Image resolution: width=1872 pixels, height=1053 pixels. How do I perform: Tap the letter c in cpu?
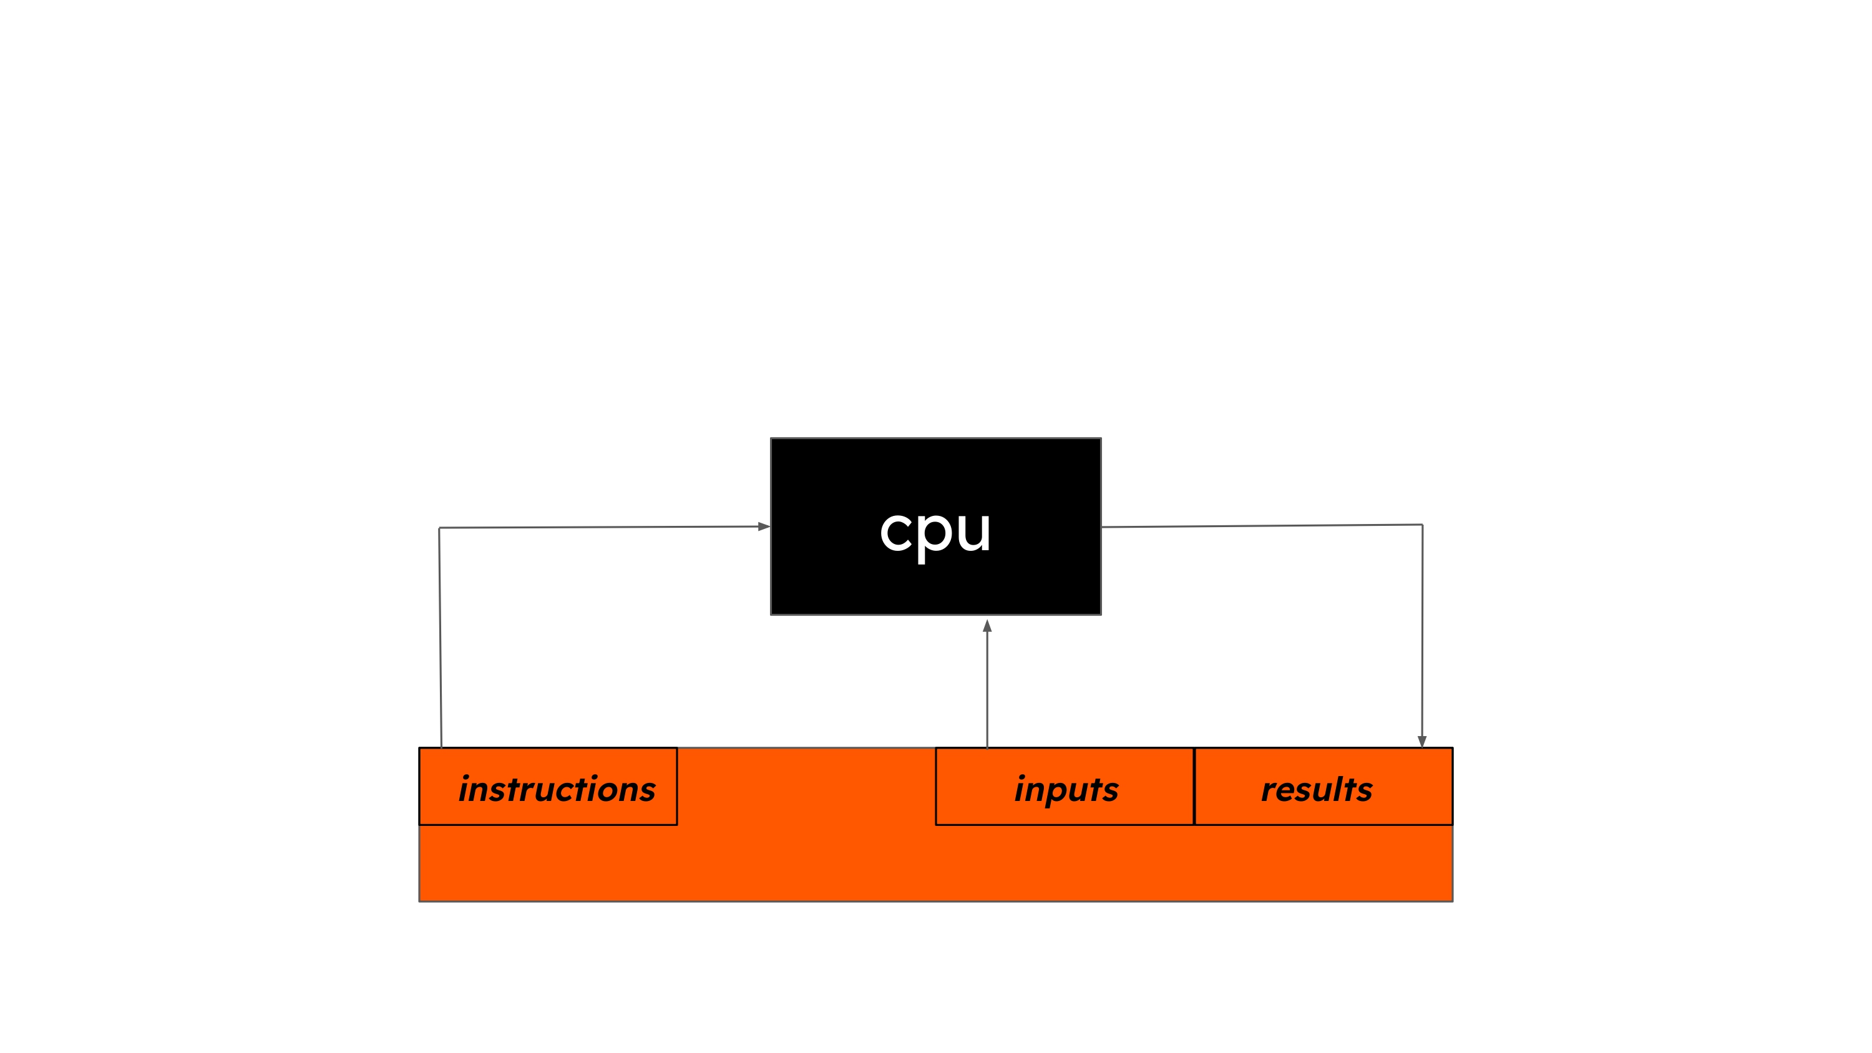[x=896, y=531]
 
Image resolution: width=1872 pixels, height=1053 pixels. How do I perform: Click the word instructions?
[x=557, y=789]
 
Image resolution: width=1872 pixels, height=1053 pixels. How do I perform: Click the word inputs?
[x=1066, y=789]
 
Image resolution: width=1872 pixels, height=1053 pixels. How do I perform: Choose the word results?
[x=1317, y=789]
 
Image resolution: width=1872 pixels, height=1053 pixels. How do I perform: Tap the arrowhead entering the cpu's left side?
[x=764, y=526]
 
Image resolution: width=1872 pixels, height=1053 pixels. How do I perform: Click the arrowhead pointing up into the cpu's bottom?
[x=987, y=626]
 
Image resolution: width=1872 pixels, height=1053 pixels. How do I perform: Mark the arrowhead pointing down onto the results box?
[x=1422, y=741]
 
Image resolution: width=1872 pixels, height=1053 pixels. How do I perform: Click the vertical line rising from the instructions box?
[x=441, y=639]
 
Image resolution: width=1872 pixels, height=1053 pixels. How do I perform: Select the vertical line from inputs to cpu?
[x=987, y=691]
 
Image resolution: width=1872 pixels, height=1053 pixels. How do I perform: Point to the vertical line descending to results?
[x=1422, y=632]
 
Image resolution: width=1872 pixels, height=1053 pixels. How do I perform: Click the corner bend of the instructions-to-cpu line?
[x=439, y=528]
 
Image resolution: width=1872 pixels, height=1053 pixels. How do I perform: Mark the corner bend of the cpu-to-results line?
[x=1422, y=525]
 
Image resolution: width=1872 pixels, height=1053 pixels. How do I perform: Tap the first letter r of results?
[x=1269, y=790]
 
